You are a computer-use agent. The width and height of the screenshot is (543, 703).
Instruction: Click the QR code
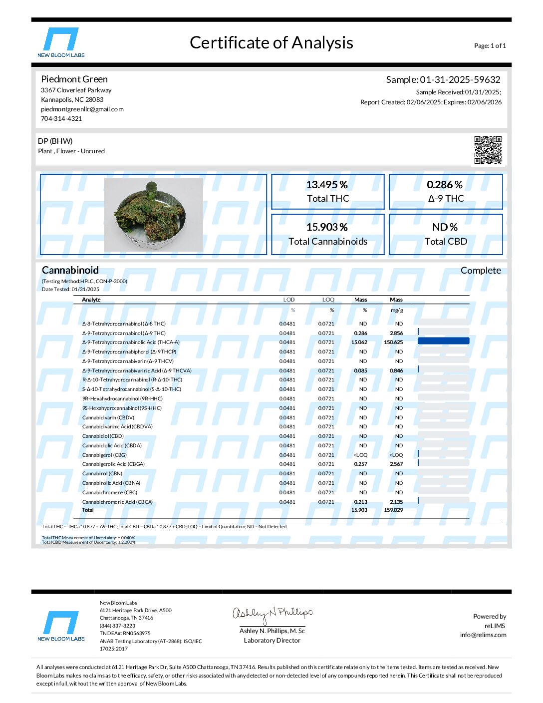[x=488, y=150]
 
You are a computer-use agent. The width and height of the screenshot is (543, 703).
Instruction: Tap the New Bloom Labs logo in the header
[x=61, y=42]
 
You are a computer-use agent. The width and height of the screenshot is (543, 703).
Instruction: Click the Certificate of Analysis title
[x=271, y=43]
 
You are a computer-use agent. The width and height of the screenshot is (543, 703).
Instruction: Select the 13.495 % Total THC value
[x=327, y=185]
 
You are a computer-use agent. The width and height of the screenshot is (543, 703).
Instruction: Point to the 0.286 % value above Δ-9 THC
[x=445, y=185]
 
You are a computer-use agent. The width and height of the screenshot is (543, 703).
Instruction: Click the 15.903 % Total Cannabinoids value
[x=327, y=227]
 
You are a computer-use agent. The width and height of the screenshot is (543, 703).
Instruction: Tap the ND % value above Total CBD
[x=445, y=227]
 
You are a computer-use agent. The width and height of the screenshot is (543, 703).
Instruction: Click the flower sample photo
[x=153, y=214]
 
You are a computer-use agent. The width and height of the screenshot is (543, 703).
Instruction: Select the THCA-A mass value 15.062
[x=359, y=343]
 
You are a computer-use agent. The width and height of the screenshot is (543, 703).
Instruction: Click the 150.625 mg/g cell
[x=393, y=343]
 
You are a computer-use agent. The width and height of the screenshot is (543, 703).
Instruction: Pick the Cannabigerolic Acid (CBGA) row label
[x=113, y=464]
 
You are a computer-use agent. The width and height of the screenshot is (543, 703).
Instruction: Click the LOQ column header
[x=328, y=300]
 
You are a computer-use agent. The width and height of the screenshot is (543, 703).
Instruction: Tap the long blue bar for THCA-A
[x=443, y=341]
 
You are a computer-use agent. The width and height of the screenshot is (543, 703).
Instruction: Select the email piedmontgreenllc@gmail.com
[x=82, y=109]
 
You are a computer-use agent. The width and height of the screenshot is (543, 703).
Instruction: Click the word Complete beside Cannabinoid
[x=481, y=271]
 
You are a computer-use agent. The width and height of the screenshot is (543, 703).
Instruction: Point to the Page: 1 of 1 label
[x=490, y=46]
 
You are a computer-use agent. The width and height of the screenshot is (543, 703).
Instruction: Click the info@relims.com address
[x=483, y=635]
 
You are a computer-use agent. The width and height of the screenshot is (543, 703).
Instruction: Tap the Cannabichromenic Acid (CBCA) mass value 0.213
[x=360, y=502]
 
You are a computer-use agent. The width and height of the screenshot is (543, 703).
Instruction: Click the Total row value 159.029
[x=393, y=510]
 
